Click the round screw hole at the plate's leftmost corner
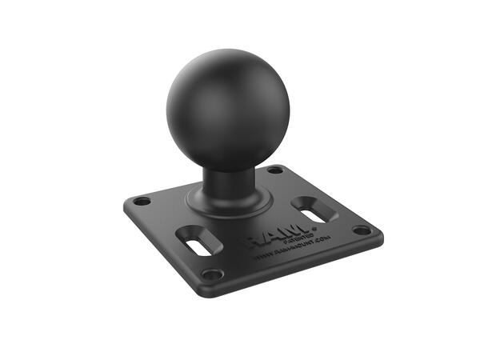click(x=142, y=201)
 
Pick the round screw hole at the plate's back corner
click(x=275, y=170)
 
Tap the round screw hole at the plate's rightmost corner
click(x=362, y=230)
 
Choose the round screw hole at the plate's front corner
click(x=212, y=274)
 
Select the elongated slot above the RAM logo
click(x=313, y=211)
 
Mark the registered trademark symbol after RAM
click(x=314, y=228)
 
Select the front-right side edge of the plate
click(x=304, y=268)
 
